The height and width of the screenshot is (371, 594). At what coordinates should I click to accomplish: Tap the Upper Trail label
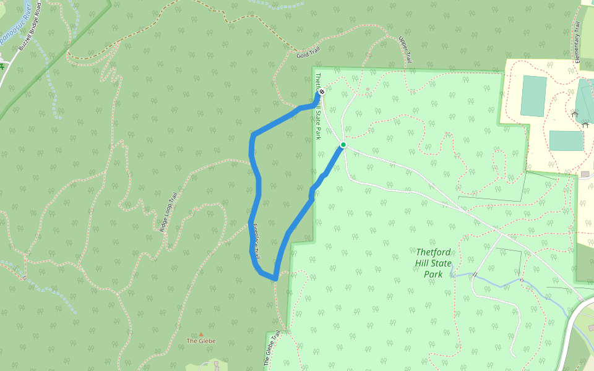tap(405, 49)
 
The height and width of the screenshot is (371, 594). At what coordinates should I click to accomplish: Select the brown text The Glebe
tap(201, 341)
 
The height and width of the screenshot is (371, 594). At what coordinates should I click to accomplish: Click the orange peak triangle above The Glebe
tap(200, 334)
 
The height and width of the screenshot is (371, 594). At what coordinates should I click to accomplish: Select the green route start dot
tap(343, 145)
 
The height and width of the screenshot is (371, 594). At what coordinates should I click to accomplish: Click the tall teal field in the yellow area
tap(533, 96)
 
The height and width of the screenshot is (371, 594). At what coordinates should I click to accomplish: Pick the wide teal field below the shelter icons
tap(566, 140)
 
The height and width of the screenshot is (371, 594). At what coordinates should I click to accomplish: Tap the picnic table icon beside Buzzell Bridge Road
tap(2, 66)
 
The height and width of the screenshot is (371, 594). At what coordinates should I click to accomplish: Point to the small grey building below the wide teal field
tap(585, 174)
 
